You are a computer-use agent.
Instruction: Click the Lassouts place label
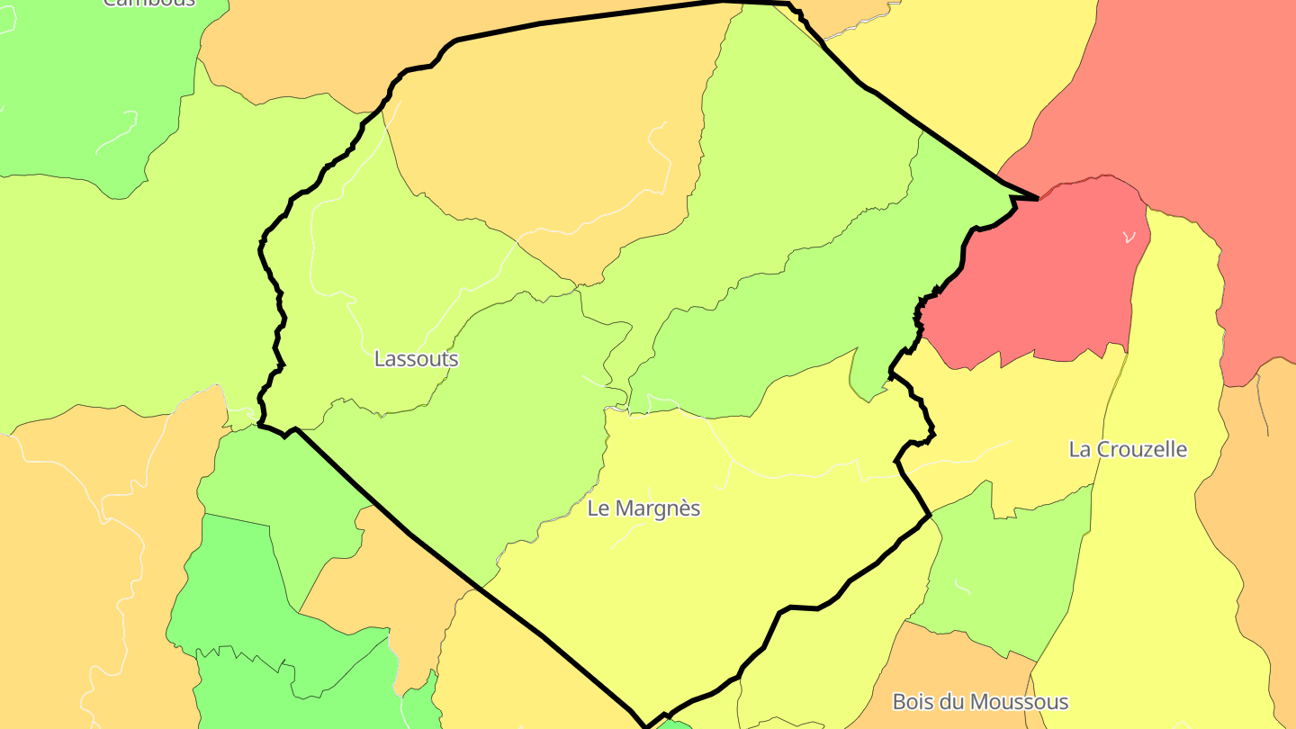416,359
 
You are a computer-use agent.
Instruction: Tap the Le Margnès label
643,508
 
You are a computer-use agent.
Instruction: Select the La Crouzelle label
1128,449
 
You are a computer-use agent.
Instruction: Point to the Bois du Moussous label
980,702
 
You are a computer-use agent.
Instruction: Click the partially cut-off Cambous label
149,3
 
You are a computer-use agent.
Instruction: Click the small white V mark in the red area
1129,237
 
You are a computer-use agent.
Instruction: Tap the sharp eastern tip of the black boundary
1037,198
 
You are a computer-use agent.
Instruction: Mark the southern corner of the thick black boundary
646,725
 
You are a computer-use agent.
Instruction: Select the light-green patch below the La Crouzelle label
1008,567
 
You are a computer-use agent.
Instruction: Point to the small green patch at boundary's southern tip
675,724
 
